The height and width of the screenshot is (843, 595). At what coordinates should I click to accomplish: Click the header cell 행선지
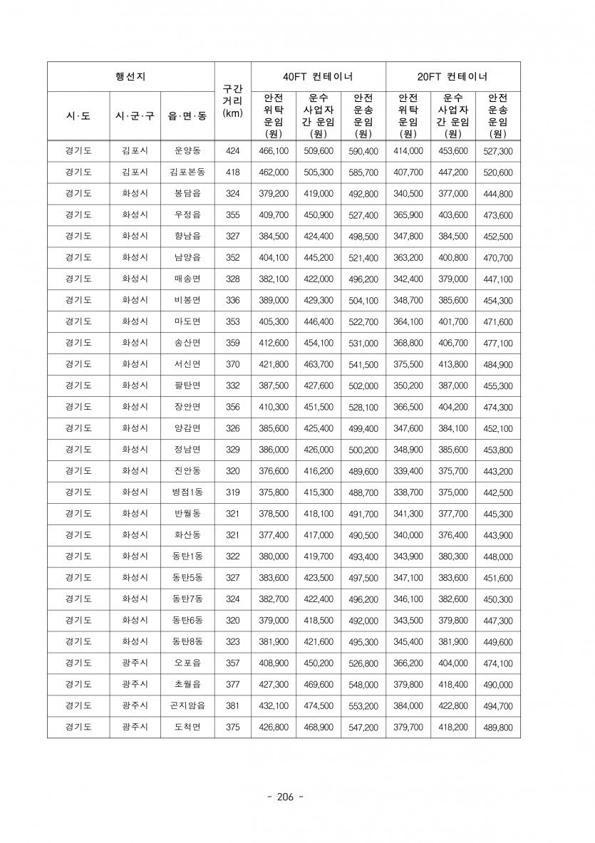(x=130, y=76)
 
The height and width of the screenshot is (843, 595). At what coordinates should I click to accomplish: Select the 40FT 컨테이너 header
(x=318, y=76)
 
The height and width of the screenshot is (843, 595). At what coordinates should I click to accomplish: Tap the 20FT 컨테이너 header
(x=452, y=76)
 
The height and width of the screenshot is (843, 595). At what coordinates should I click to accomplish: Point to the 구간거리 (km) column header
(x=232, y=101)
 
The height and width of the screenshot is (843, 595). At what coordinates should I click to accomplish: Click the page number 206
(x=284, y=796)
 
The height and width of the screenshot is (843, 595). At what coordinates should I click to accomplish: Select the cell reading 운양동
(x=187, y=151)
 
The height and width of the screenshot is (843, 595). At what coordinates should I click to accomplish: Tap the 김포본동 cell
(x=187, y=172)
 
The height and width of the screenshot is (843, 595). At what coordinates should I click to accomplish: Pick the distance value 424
(x=232, y=151)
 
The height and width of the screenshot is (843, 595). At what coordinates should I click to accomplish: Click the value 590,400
(x=363, y=151)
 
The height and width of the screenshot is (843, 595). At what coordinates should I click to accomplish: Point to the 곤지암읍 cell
(x=187, y=706)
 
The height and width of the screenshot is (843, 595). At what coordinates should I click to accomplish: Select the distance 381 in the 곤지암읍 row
(x=232, y=706)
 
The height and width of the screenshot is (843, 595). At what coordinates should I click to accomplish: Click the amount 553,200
(x=363, y=706)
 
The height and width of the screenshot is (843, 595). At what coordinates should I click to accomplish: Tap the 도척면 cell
(x=187, y=728)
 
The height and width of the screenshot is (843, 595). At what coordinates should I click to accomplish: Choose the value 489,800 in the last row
(x=497, y=728)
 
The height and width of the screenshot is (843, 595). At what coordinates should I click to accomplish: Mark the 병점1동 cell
(x=187, y=492)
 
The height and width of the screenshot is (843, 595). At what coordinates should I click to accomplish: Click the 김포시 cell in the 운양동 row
(x=135, y=151)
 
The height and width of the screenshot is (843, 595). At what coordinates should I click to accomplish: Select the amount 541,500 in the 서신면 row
(x=363, y=364)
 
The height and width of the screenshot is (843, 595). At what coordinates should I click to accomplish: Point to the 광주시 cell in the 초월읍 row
(x=135, y=685)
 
